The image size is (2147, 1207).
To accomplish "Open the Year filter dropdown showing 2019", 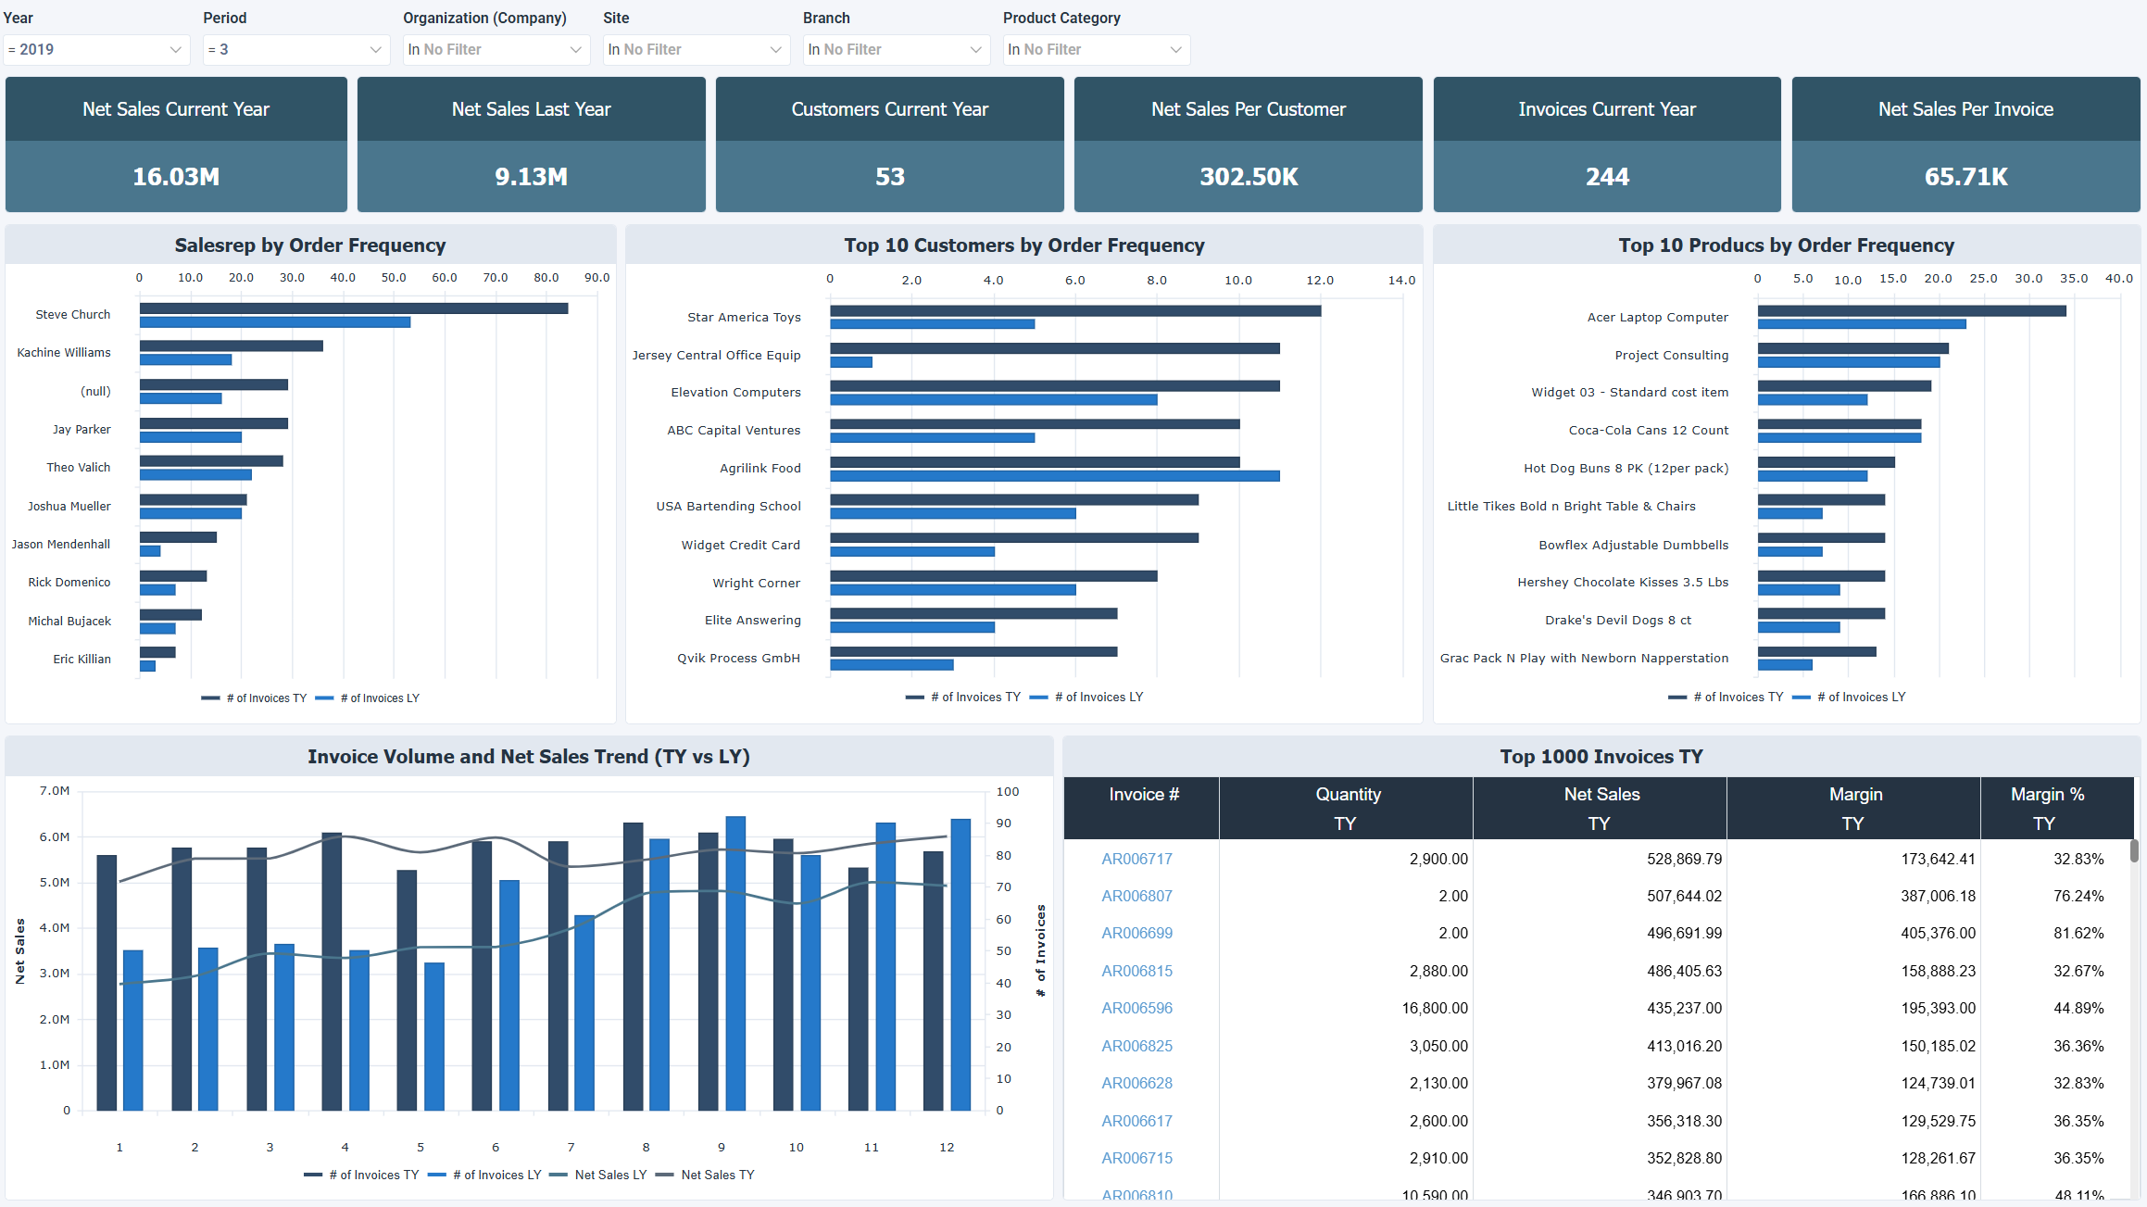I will coord(96,50).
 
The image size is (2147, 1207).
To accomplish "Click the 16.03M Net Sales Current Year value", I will coord(176,177).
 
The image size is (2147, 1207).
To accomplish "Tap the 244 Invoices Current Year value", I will coord(1606,177).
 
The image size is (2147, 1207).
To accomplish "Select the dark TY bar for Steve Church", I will coord(353,308).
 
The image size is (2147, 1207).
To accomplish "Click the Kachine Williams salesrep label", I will coord(64,353).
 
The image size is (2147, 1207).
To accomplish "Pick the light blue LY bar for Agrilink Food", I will coord(1054,476).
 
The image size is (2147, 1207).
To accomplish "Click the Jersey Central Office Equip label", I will coord(716,356).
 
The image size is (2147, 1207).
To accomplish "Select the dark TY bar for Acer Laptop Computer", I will coord(1911,311).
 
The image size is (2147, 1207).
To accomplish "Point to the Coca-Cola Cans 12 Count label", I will coord(1648,431).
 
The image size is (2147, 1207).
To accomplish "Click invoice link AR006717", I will coord(1136,859).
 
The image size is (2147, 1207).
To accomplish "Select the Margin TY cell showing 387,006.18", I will coord(1938,896).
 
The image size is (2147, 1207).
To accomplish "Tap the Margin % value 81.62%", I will coord(2078,933).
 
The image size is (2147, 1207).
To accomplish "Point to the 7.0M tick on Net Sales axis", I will coord(55,791).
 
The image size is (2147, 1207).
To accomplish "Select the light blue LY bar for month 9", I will coord(735,963).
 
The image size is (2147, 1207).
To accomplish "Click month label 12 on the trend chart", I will coord(946,1147).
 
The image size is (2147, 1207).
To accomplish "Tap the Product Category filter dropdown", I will coord(1096,50).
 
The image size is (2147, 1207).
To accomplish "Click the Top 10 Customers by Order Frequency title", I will coord(1023,245).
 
